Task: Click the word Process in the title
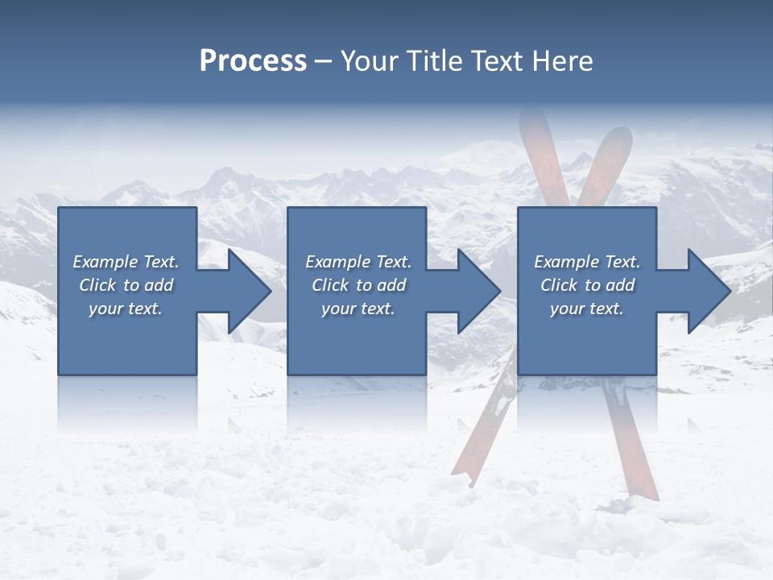pos(253,61)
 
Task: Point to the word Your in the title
pos(366,61)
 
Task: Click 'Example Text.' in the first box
pos(126,262)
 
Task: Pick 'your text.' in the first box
pos(126,309)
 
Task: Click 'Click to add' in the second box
pos(358,285)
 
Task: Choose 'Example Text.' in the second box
pos(358,262)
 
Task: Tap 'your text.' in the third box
pos(587,309)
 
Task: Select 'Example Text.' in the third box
pos(587,262)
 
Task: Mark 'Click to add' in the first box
pos(126,285)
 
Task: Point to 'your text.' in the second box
pos(358,309)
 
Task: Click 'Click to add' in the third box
pos(587,285)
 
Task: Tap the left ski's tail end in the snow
pos(463,475)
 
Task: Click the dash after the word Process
pos(323,62)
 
